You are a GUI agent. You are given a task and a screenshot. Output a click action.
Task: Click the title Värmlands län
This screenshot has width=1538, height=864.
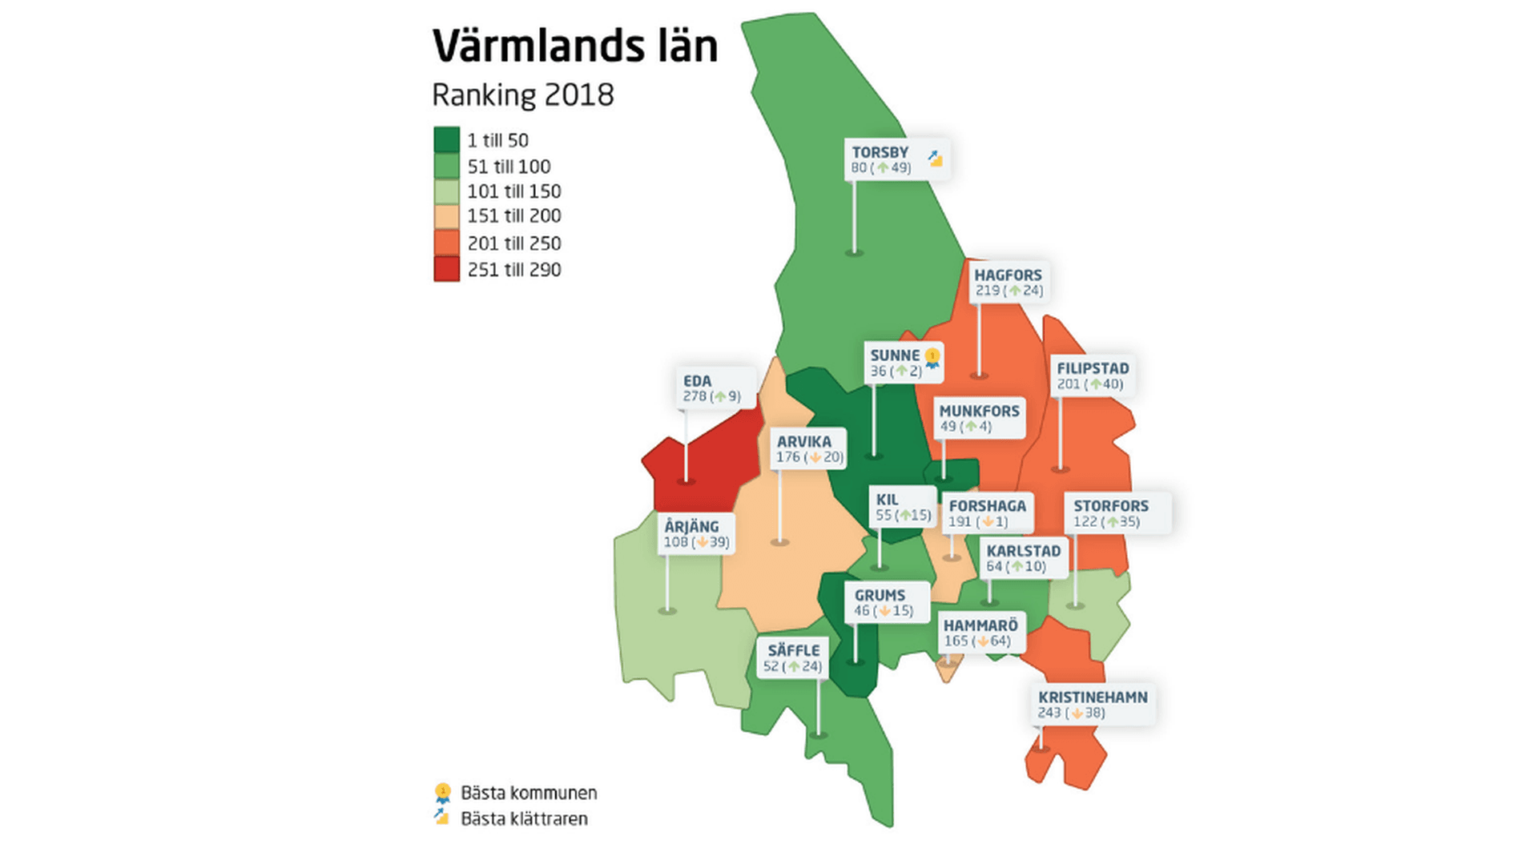[574, 46]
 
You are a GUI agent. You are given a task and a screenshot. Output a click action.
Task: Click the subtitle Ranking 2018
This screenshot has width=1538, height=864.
[522, 94]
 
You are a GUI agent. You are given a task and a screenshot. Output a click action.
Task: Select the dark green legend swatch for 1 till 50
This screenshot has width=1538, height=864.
[446, 139]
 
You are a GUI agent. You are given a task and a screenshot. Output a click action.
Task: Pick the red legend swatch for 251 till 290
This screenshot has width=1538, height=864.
[446, 269]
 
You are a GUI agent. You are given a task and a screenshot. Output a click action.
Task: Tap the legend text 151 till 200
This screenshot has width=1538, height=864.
[513, 215]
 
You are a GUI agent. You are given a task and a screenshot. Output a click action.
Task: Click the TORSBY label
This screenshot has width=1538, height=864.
[880, 152]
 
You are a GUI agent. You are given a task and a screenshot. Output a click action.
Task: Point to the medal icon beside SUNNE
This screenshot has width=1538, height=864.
[932, 357]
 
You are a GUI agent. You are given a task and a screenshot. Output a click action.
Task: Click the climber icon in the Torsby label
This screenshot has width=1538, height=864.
[935, 159]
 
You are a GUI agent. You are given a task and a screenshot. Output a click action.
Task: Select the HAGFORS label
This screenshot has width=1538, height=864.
[1007, 275]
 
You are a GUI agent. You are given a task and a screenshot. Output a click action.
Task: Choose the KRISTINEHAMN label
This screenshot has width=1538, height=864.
[1093, 697]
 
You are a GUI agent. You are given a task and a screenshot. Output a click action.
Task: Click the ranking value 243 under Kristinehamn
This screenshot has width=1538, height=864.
[1049, 713]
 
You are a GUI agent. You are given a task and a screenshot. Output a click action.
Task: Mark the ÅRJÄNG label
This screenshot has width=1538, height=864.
[691, 526]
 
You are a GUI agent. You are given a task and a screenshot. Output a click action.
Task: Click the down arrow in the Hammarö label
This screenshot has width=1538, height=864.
[983, 641]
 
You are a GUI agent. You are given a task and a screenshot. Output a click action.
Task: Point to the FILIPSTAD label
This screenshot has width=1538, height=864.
[1092, 368]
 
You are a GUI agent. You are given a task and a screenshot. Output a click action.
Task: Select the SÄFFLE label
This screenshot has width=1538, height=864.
[793, 650]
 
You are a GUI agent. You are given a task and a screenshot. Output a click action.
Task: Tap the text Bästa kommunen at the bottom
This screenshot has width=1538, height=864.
[529, 793]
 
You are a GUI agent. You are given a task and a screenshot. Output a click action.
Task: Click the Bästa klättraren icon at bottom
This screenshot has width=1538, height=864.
[441, 817]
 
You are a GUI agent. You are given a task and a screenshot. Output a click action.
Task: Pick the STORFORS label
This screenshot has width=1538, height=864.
[1110, 506]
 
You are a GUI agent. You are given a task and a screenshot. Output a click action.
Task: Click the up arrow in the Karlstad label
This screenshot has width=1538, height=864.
[1017, 566]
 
